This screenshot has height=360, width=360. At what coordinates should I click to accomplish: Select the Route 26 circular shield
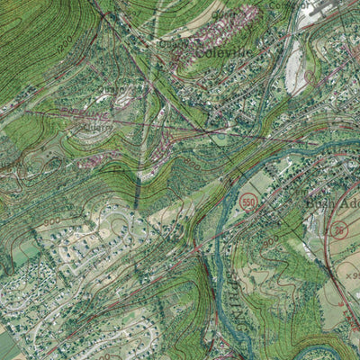[339, 230]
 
